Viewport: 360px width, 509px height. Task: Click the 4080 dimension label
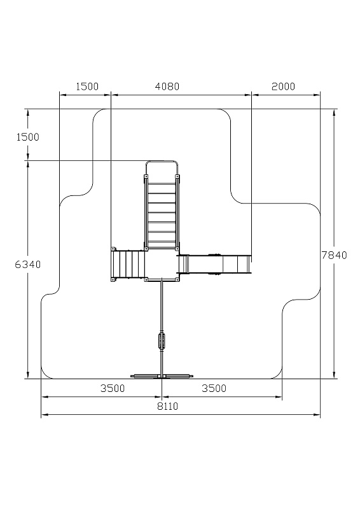coord(167,87)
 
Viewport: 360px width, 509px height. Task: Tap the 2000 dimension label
coord(283,87)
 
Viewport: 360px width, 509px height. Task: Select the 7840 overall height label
coord(334,255)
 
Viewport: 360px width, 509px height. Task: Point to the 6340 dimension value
coord(28,265)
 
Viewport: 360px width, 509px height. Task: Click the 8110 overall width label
coord(168,406)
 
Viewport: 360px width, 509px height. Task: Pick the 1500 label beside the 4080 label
coord(87,87)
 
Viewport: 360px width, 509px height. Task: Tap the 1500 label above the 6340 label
coord(28,137)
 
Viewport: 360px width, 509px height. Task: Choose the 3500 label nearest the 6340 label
coord(113,388)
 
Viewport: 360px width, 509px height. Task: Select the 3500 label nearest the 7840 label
coord(214,388)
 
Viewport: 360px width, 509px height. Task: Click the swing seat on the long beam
coord(162,340)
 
